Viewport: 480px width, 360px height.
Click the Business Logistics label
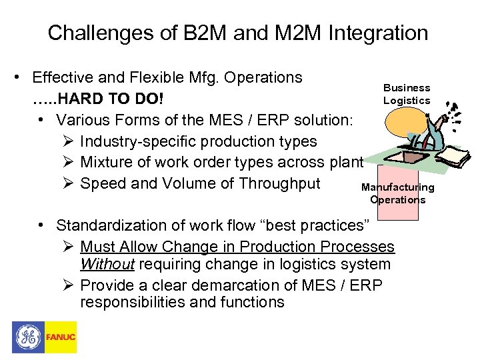tap(407, 94)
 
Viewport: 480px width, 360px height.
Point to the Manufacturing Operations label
tap(397, 193)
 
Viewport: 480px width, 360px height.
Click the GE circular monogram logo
tap(28, 337)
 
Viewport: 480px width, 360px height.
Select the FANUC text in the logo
tap(61, 338)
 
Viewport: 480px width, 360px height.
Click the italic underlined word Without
tap(107, 265)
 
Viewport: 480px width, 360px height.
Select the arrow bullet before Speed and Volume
tap(65, 184)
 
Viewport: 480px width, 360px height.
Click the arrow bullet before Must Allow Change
tap(65, 247)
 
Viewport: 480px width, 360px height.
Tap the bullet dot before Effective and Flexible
tap(23, 78)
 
